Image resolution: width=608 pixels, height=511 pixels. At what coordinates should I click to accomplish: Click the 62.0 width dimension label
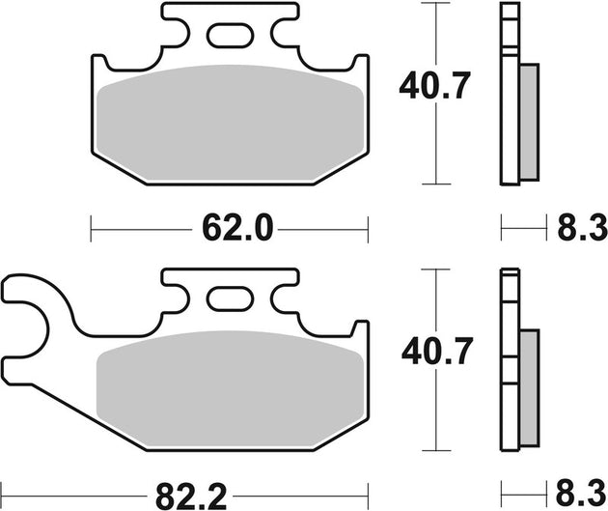tap(230, 229)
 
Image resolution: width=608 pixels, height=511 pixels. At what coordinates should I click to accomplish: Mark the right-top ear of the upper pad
tap(359, 71)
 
